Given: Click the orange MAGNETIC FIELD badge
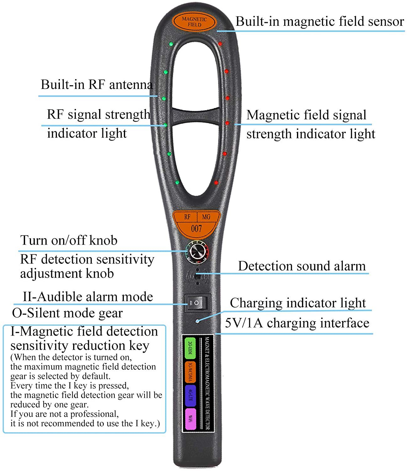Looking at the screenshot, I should click(194, 22).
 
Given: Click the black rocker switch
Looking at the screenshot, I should click(196, 303).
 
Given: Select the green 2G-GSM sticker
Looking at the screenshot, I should click(190, 348).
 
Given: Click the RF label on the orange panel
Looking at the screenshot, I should click(187, 217).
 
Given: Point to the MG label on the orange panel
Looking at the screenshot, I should click(206, 217).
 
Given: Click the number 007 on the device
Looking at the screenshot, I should click(196, 229).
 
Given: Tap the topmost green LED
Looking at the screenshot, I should click(171, 44).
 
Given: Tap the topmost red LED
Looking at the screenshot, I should click(220, 44).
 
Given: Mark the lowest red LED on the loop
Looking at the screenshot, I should click(216, 182).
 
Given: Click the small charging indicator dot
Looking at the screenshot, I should click(198, 321).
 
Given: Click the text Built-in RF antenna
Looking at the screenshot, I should click(97, 85).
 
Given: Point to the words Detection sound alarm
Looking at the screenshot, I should click(302, 266).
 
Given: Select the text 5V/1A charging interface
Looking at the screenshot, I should click(297, 323).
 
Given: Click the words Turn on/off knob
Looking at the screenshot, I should click(69, 241).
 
